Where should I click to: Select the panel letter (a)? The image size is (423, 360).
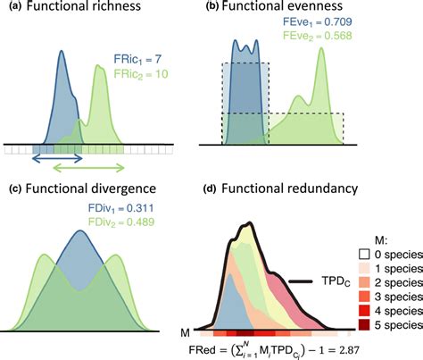[12, 10]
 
